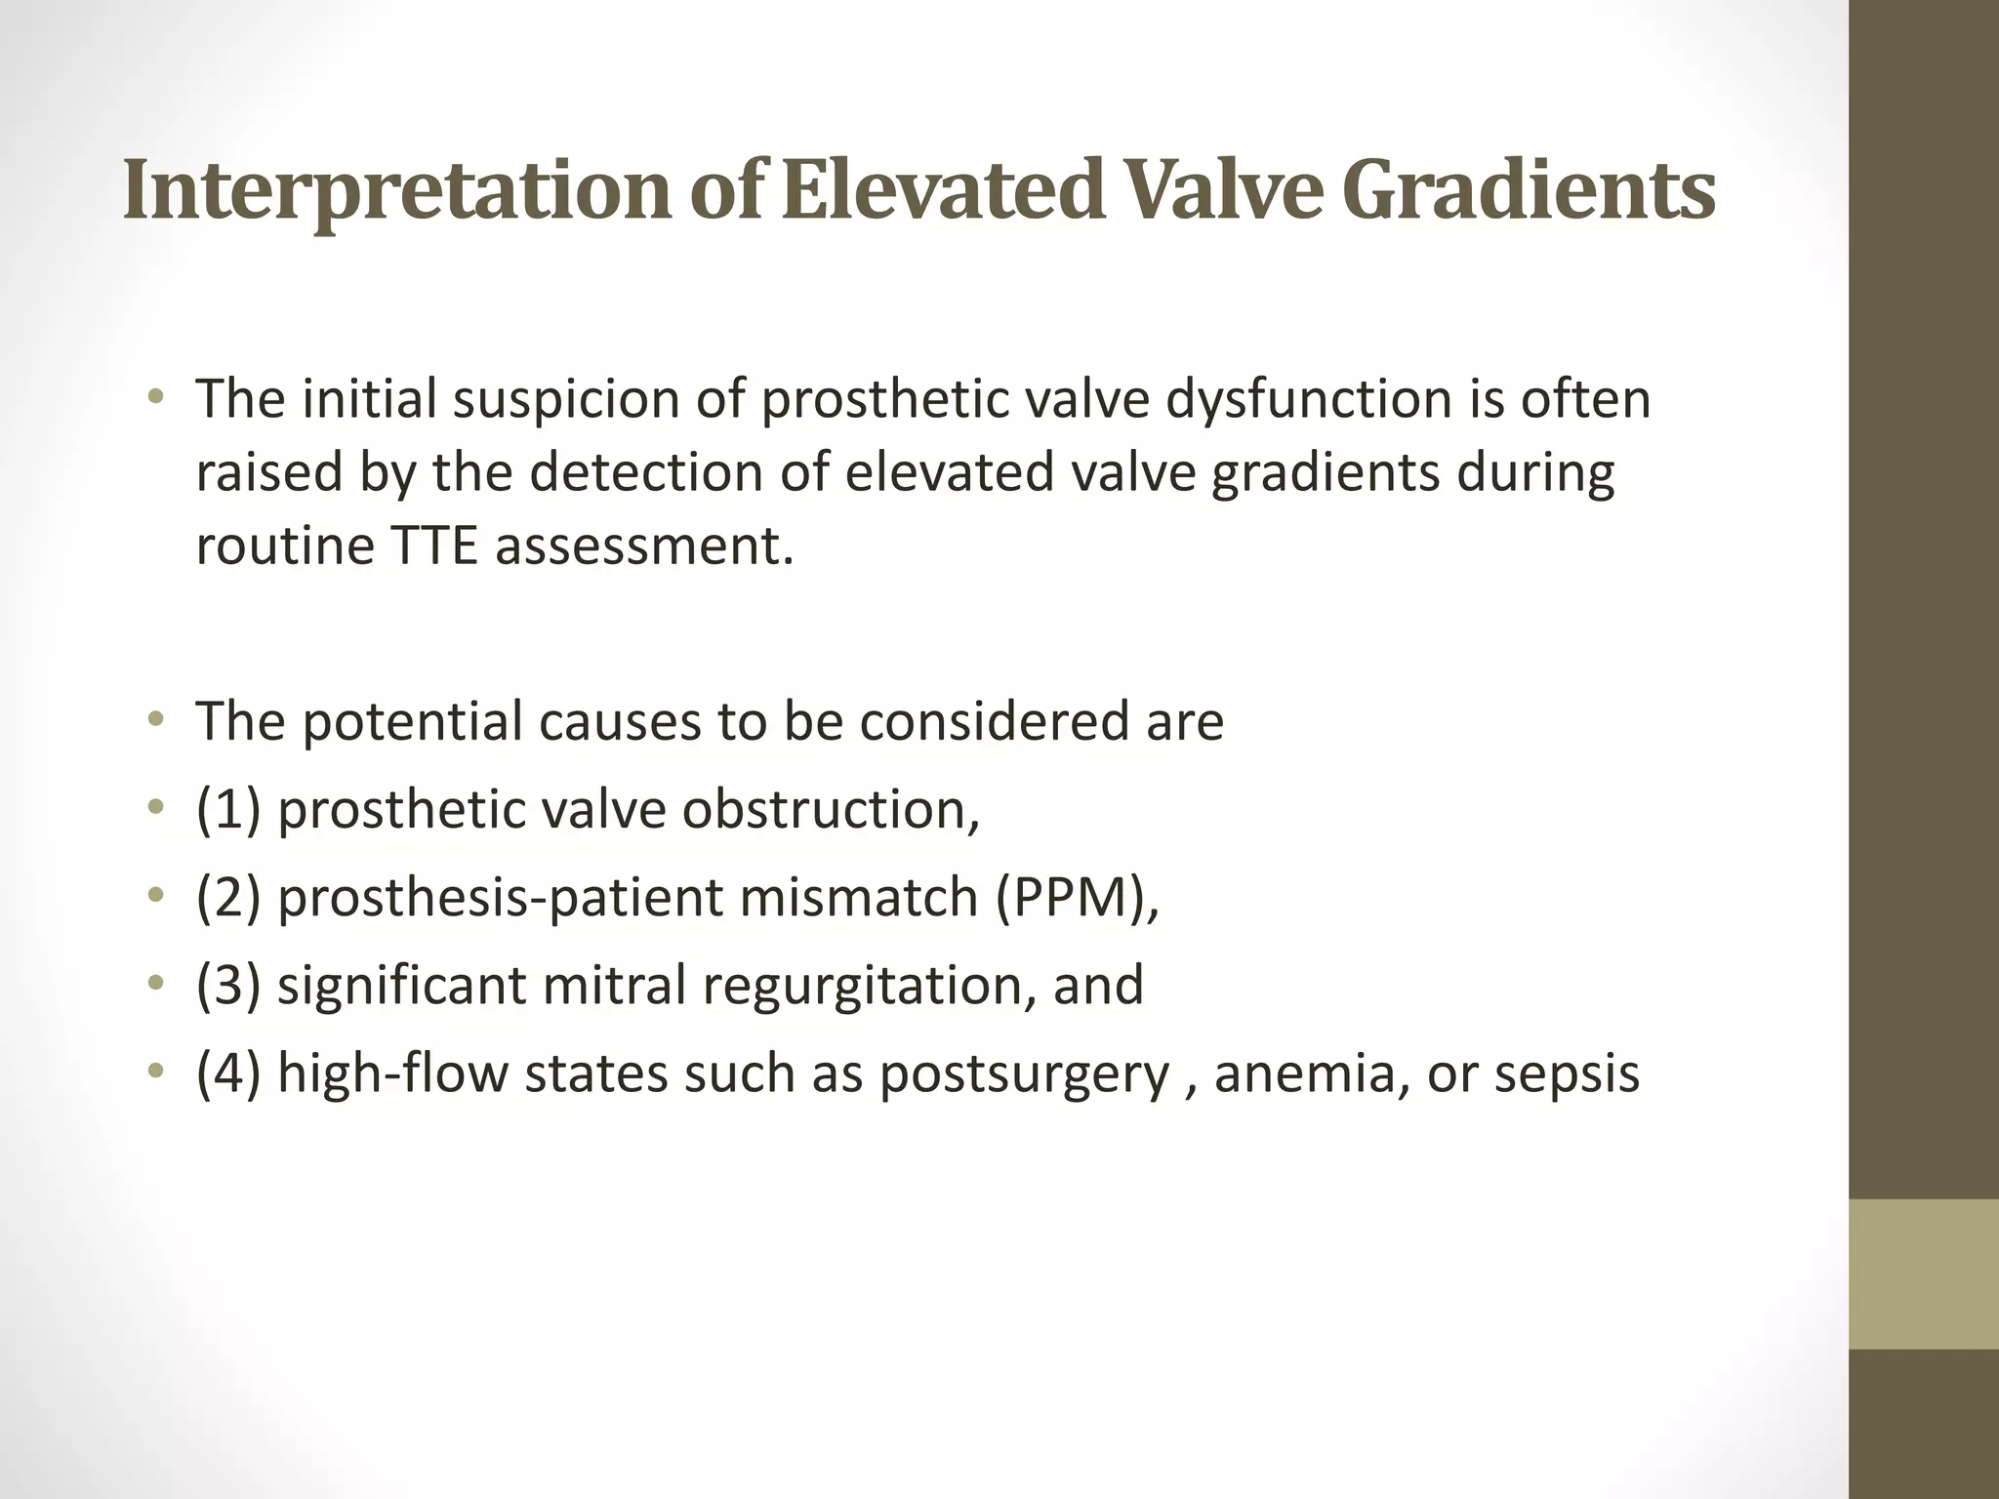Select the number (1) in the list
point(228,810)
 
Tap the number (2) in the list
point(228,898)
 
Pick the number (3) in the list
point(228,986)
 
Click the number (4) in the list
point(228,1074)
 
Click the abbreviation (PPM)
point(1077,898)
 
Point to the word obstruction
point(830,810)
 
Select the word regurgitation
point(869,986)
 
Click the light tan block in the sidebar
point(1923,1274)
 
